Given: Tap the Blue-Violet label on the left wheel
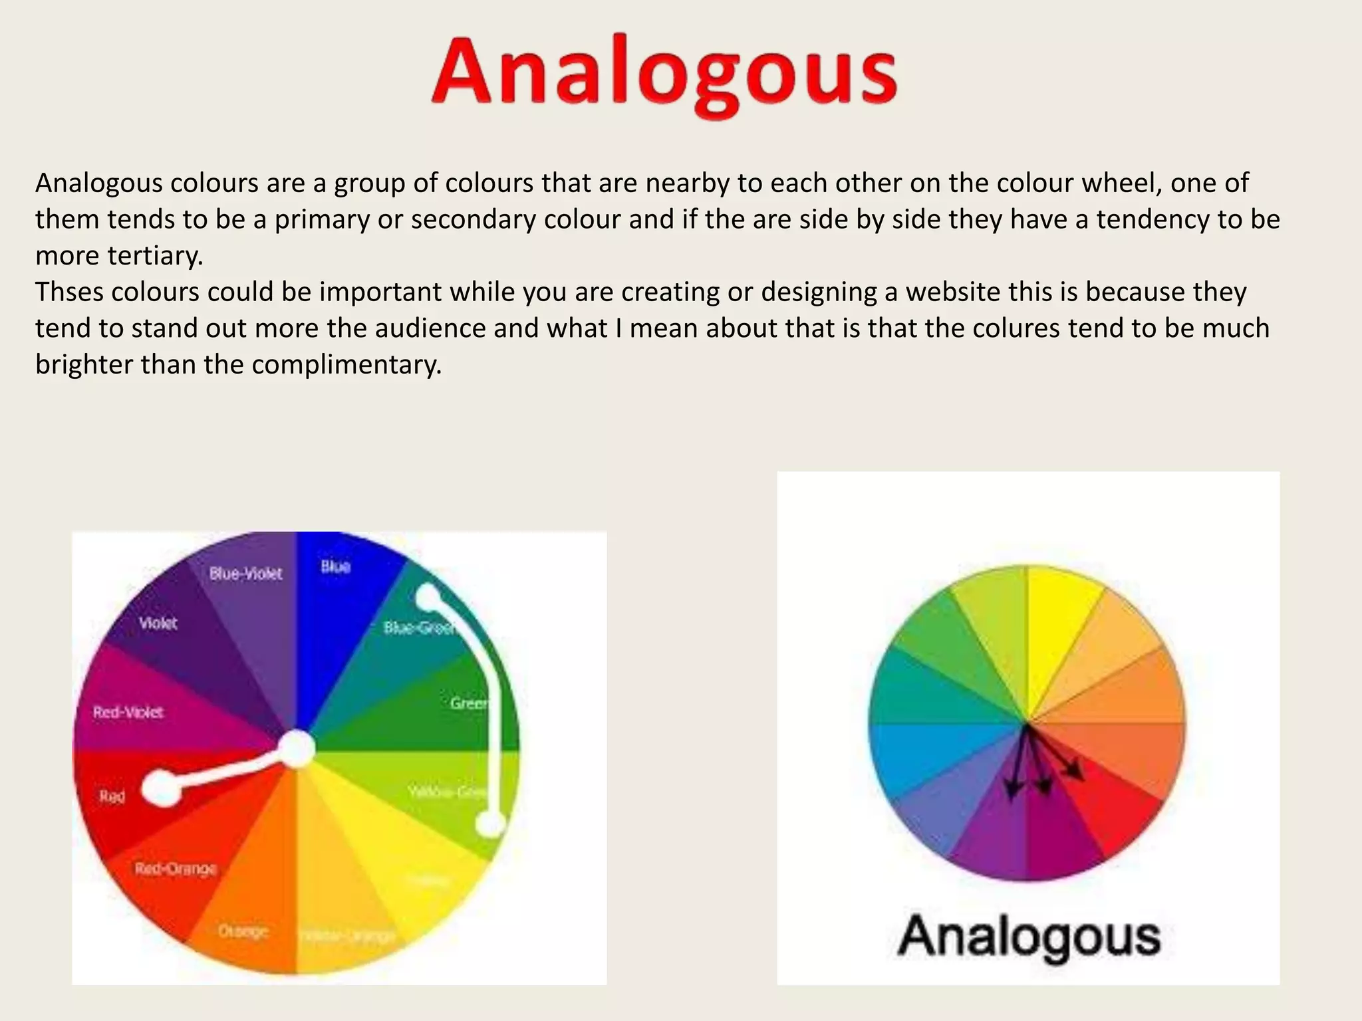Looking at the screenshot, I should [245, 574].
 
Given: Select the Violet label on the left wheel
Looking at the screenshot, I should [158, 624].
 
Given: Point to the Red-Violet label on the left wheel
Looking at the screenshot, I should [128, 713].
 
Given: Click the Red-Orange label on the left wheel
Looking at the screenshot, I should [176, 869].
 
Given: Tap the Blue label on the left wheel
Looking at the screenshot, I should [335, 566].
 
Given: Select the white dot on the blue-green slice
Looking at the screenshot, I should [430, 597].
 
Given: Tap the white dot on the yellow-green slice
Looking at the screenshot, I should [491, 824].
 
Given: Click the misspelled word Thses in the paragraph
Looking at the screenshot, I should [69, 292].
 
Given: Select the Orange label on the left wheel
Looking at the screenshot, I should [243, 931].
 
